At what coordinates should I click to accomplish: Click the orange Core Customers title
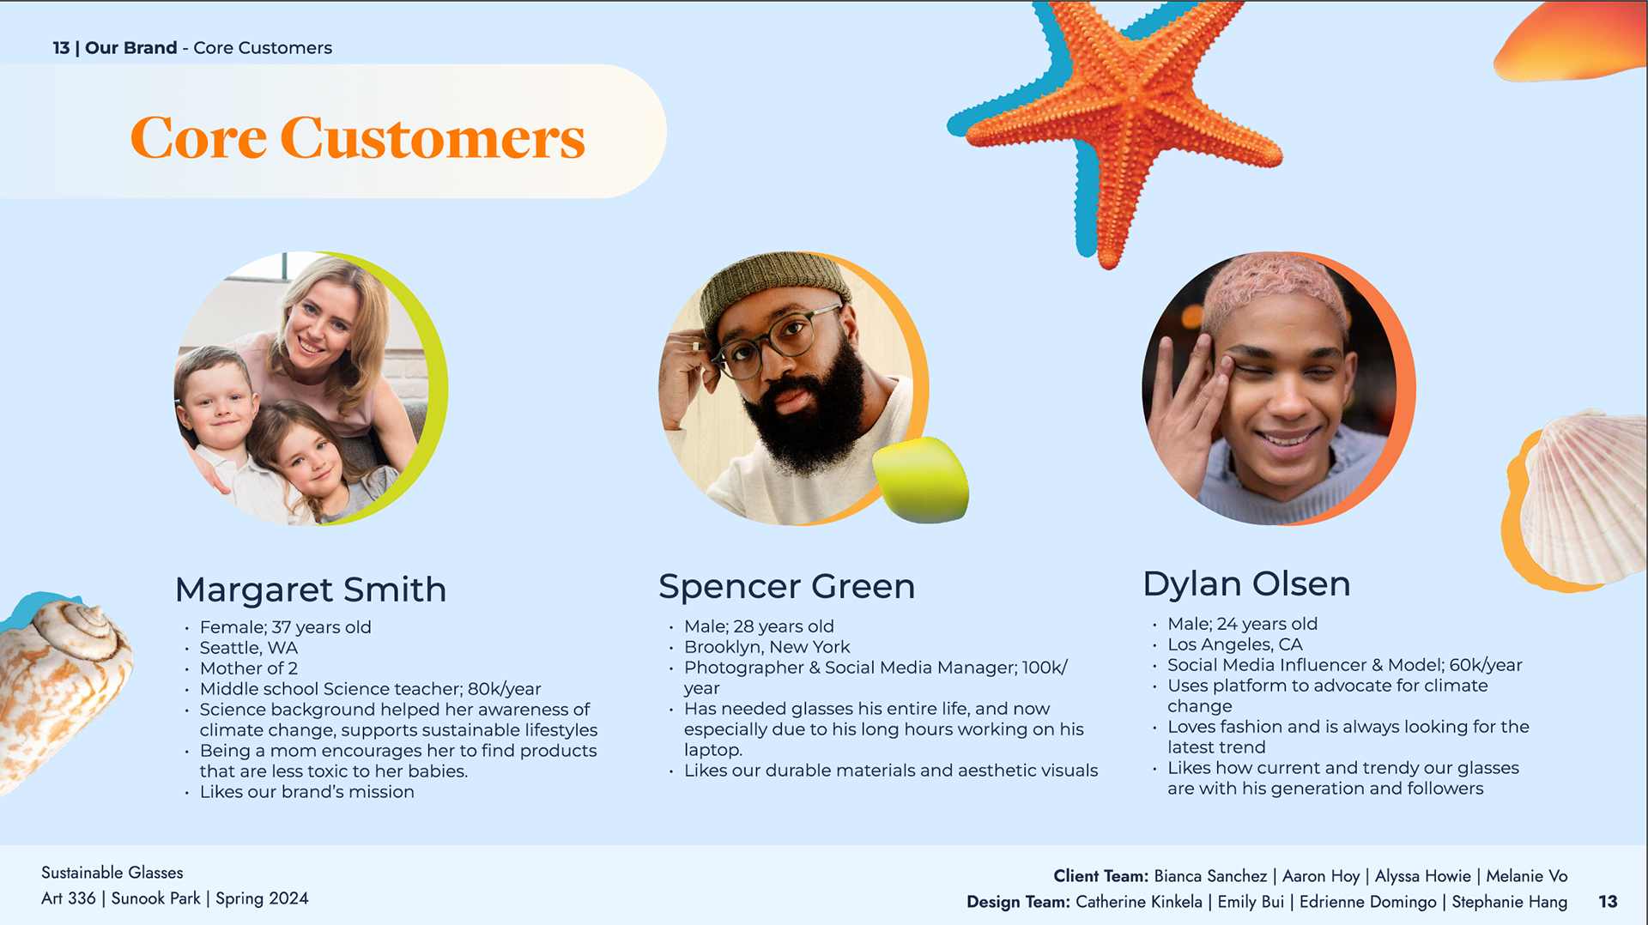[x=357, y=137]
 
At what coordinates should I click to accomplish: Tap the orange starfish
[x=1124, y=120]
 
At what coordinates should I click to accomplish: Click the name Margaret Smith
[x=311, y=589]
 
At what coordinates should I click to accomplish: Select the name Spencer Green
[x=787, y=587]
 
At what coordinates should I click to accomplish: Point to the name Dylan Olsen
[x=1246, y=583]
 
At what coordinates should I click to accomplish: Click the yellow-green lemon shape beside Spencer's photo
[x=921, y=480]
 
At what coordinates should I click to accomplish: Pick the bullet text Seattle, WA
[x=249, y=648]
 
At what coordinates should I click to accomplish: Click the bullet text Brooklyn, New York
[x=766, y=647]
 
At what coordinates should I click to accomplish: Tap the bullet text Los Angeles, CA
[x=1234, y=644]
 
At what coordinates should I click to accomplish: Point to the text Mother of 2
[x=249, y=668]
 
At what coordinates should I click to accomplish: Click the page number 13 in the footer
[x=1608, y=902]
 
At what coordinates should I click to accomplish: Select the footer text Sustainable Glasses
[x=112, y=873]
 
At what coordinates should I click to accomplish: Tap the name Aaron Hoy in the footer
[x=1321, y=876]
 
